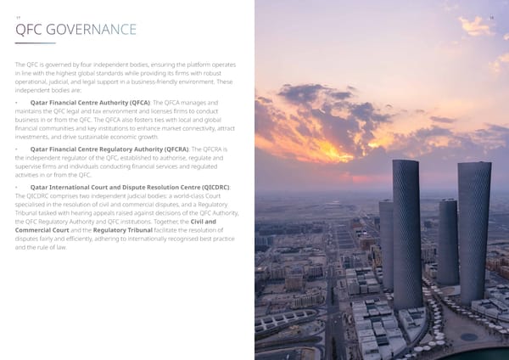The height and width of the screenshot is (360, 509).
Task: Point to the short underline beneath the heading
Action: pos(35,42)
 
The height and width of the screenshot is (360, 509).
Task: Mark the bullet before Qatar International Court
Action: pos(18,186)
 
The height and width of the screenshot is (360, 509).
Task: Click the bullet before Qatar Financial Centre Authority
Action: pos(18,103)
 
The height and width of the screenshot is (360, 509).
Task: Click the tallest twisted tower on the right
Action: pos(474,229)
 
